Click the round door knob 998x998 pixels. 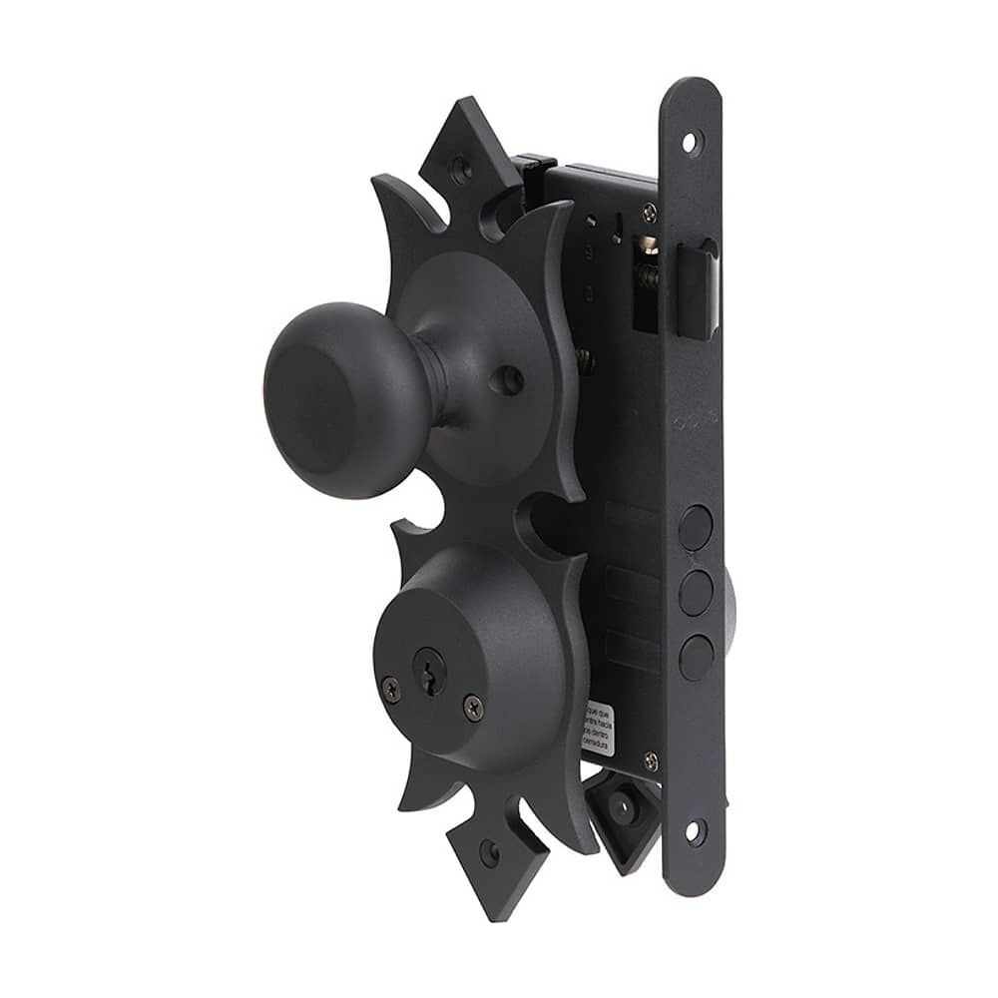(334, 399)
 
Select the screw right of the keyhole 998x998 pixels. (472, 708)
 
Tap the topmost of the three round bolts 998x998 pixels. (696, 527)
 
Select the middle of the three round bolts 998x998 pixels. (696, 593)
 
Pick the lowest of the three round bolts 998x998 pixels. (696, 657)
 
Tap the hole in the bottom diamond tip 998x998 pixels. (488, 852)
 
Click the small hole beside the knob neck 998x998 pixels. (508, 379)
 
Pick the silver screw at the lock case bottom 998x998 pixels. (651, 761)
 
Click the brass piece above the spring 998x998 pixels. (647, 246)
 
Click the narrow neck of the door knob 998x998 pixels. (432, 380)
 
